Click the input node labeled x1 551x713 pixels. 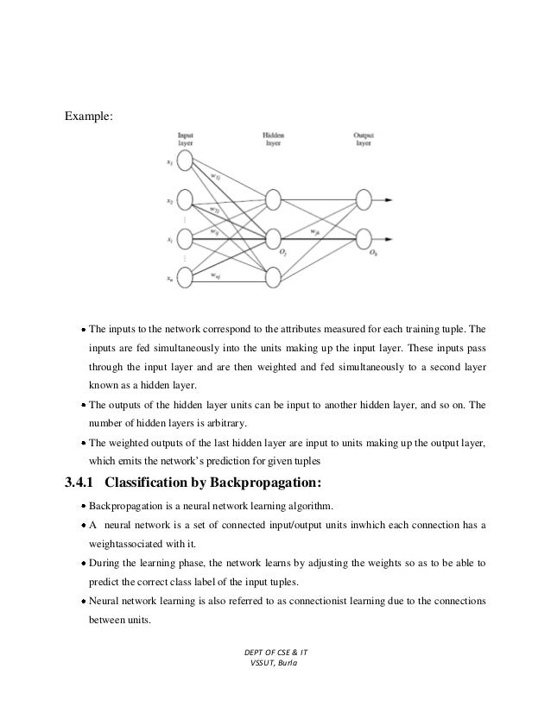pyautogui.click(x=184, y=161)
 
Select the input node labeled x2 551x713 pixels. pyautogui.click(x=184, y=199)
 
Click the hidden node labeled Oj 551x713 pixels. pyautogui.click(x=273, y=237)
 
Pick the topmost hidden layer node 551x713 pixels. pyautogui.click(x=273, y=199)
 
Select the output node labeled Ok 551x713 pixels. pyautogui.click(x=363, y=237)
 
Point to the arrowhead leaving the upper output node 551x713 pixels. pyautogui.click(x=393, y=199)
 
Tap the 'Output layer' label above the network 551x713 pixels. pyautogui.click(x=364, y=140)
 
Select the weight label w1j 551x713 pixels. pyautogui.click(x=215, y=177)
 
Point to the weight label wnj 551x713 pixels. pyautogui.click(x=215, y=274)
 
